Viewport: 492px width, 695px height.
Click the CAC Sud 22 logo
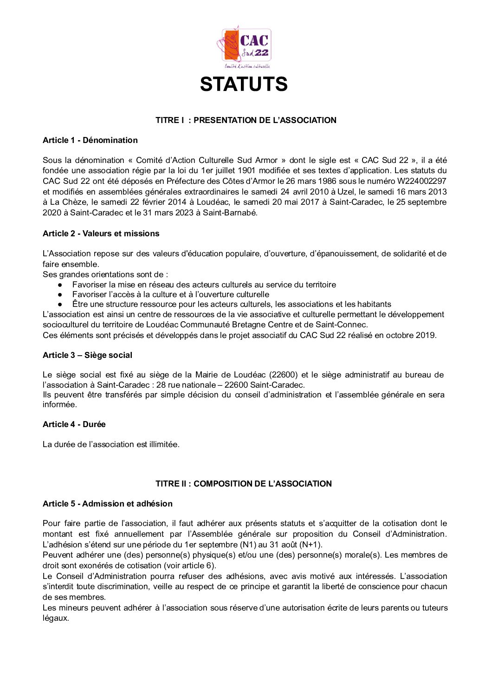coord(244,46)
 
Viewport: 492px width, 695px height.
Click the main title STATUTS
coord(244,84)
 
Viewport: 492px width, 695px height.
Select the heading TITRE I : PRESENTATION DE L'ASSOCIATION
coord(246,120)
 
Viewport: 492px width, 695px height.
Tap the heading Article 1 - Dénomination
coord(90,140)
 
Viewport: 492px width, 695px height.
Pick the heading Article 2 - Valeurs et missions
coord(101,234)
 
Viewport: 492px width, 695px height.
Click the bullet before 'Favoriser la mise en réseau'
coord(60,285)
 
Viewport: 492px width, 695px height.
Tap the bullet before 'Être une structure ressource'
coord(60,305)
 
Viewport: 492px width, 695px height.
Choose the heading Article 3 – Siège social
coord(87,355)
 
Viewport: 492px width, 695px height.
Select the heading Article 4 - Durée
coord(74,424)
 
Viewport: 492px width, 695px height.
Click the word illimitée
coord(164,444)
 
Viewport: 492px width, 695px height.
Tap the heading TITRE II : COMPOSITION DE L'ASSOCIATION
coord(243,484)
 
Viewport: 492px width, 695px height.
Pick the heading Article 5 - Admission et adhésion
coord(107,504)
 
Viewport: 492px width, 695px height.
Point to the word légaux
coord(55,618)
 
